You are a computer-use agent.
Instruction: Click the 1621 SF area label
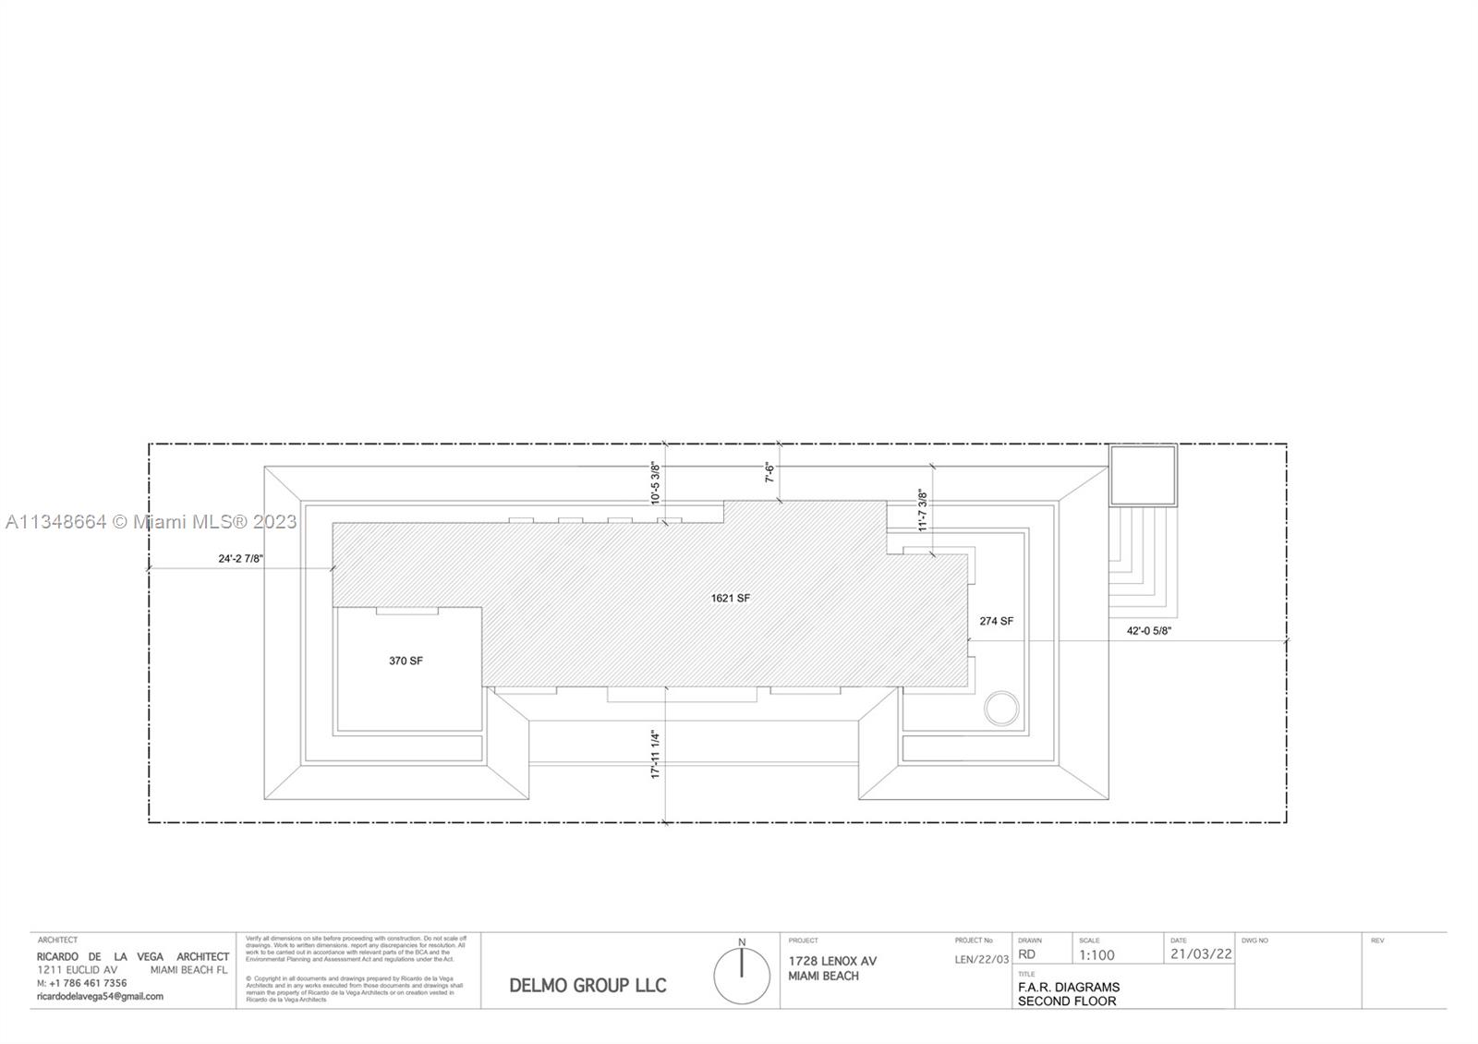(x=730, y=599)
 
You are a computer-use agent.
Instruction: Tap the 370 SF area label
(x=406, y=662)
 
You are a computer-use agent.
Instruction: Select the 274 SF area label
(x=996, y=622)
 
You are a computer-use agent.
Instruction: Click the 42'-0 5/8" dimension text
(x=1148, y=631)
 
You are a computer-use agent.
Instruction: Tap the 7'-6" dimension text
(x=769, y=473)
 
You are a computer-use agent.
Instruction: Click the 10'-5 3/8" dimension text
(x=656, y=482)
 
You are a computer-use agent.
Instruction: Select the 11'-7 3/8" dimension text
(x=922, y=510)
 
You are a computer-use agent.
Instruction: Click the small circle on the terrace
(x=1001, y=710)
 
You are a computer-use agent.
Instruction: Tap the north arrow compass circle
(x=742, y=977)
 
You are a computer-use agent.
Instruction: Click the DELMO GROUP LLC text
(x=588, y=986)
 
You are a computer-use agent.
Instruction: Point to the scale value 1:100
(x=1096, y=955)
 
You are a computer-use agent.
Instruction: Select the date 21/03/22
(x=1200, y=954)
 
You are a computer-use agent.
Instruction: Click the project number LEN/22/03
(x=981, y=960)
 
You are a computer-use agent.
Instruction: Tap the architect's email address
(x=100, y=997)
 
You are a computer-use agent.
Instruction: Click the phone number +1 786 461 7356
(x=88, y=984)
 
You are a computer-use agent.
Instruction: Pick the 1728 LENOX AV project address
(x=832, y=962)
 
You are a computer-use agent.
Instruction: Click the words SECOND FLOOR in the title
(x=1067, y=1002)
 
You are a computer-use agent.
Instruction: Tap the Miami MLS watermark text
(x=151, y=522)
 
